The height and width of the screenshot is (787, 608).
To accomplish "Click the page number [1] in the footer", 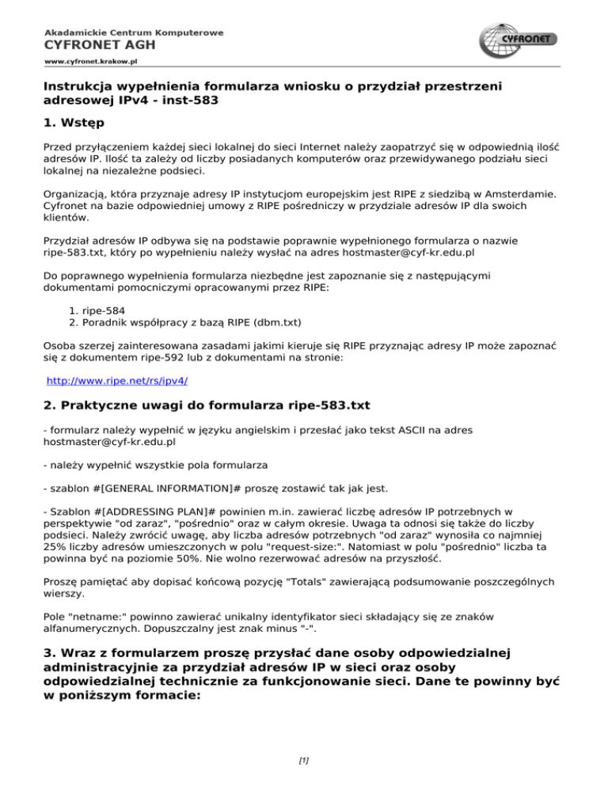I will point(303,762).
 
